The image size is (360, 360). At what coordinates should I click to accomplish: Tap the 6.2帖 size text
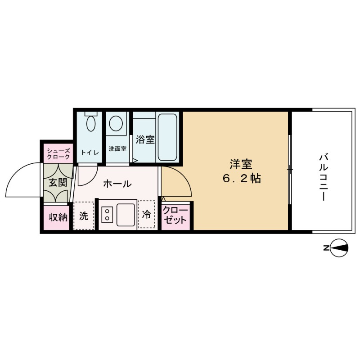[x=241, y=178]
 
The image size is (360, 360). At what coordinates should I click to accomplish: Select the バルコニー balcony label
[x=323, y=177]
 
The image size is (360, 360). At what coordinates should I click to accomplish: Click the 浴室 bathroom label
[x=145, y=139]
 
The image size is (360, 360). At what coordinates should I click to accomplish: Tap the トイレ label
[x=90, y=152]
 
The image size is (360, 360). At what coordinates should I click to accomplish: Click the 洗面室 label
[x=117, y=148]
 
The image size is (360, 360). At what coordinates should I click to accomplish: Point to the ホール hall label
[x=117, y=184]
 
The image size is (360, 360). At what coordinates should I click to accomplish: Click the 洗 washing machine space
[x=84, y=216]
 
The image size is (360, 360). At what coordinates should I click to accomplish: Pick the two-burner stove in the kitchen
[x=108, y=214]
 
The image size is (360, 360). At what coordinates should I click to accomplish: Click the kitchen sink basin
[x=126, y=214]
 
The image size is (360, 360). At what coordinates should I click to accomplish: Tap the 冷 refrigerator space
[x=146, y=215]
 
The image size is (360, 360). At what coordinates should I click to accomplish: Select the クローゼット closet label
[x=175, y=216]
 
